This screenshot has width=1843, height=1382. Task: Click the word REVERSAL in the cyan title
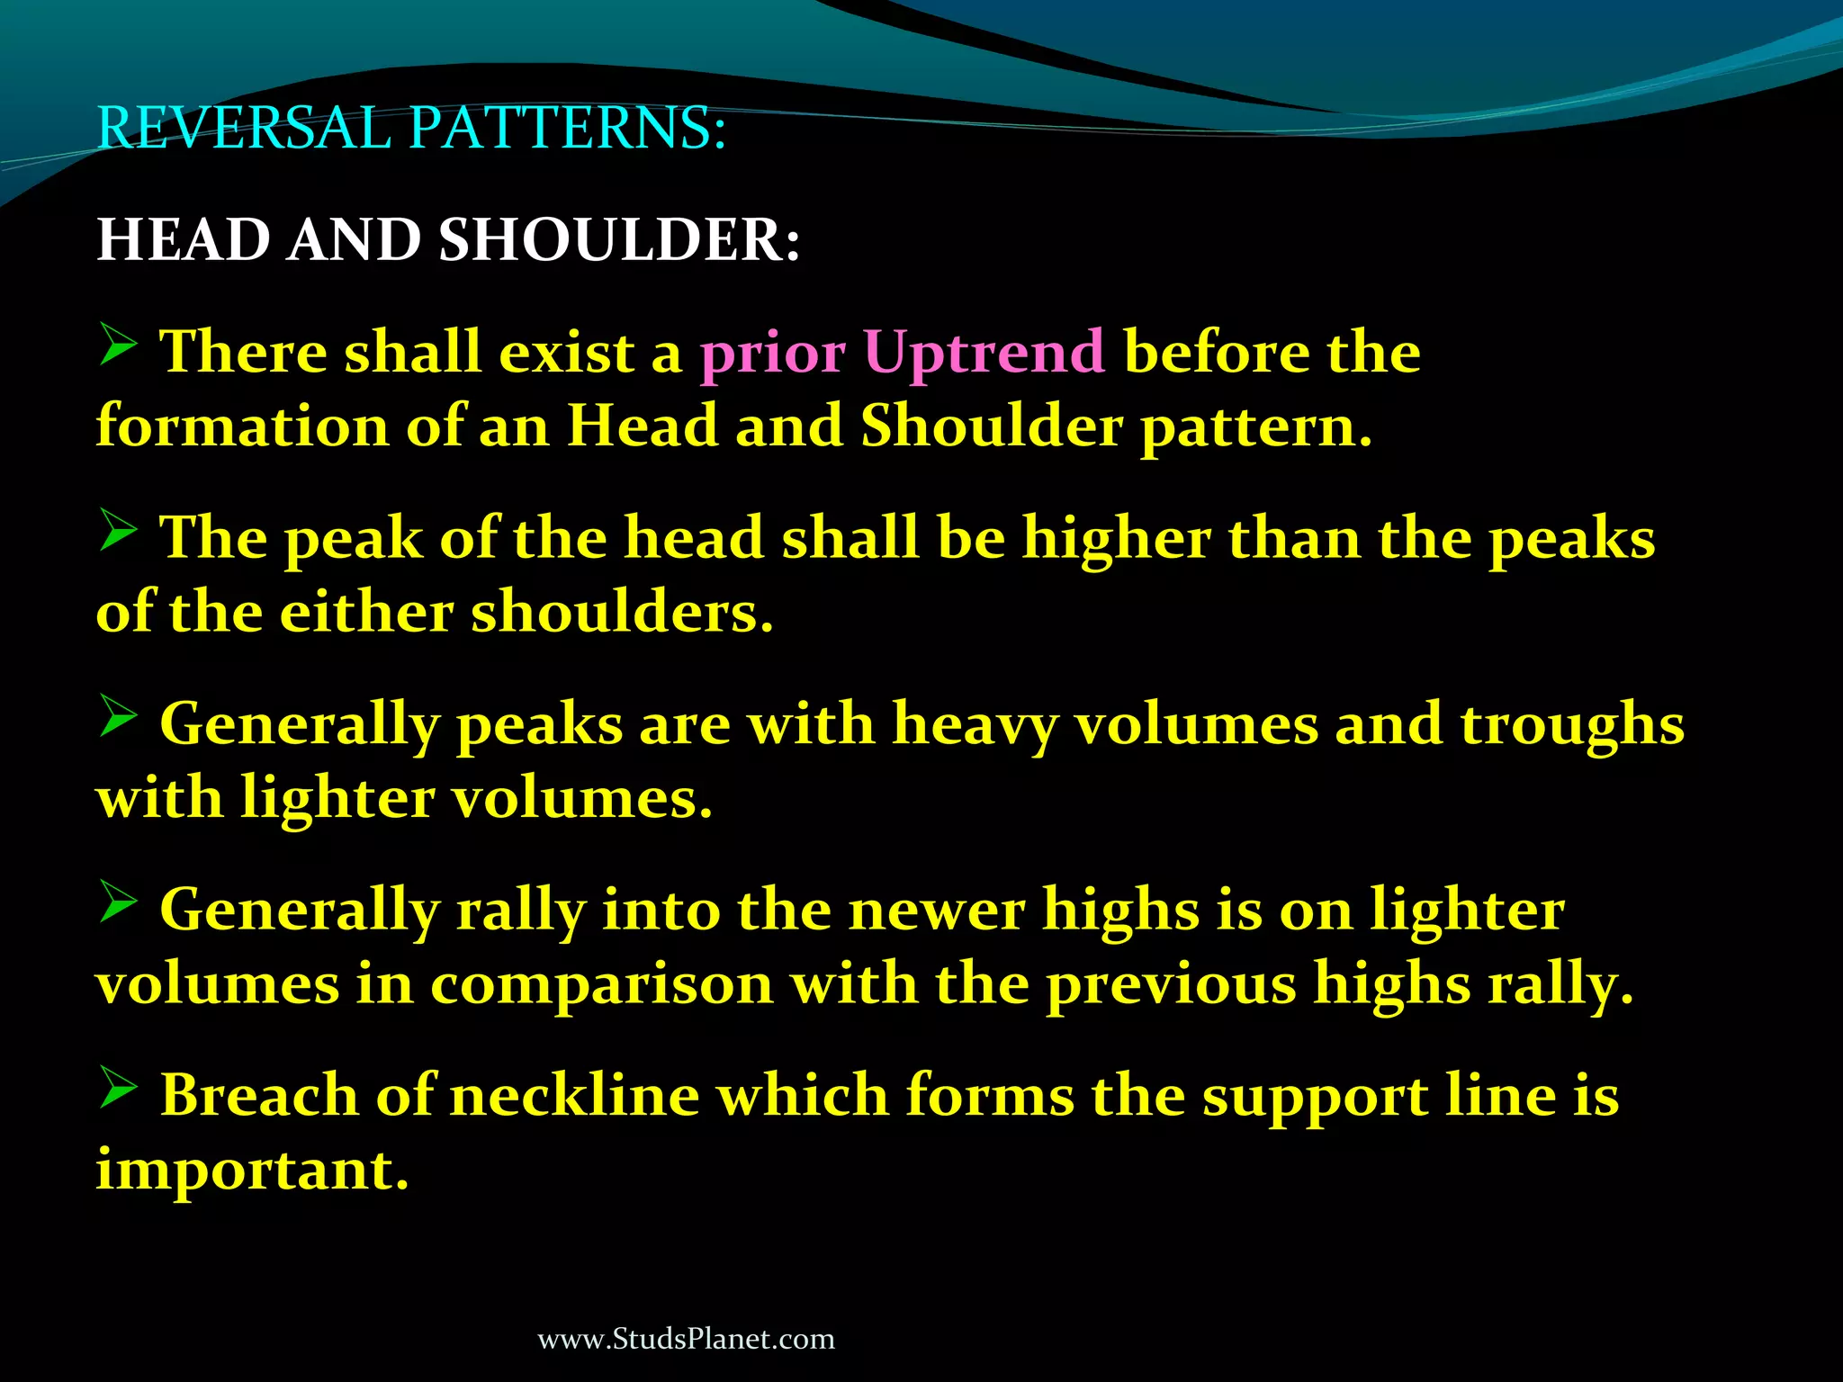tap(243, 128)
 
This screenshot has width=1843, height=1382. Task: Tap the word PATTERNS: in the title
tap(567, 128)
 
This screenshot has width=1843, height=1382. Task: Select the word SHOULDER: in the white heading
tap(619, 241)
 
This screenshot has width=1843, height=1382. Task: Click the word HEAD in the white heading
tap(184, 241)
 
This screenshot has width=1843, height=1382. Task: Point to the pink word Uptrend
tap(984, 352)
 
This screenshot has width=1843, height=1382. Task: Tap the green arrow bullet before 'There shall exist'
tap(118, 345)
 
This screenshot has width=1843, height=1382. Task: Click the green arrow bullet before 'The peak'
tap(118, 532)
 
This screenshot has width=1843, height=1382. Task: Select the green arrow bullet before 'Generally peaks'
tap(118, 718)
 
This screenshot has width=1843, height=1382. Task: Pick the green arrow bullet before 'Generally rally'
tap(118, 903)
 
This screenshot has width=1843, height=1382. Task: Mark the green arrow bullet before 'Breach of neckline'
tap(118, 1090)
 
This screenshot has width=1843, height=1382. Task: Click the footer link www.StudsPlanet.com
tap(686, 1339)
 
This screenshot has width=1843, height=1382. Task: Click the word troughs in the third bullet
tap(1571, 725)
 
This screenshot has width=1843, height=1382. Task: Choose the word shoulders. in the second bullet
tap(622, 613)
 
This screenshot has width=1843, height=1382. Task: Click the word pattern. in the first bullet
tap(1256, 427)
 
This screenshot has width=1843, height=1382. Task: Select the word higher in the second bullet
tap(1116, 539)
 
